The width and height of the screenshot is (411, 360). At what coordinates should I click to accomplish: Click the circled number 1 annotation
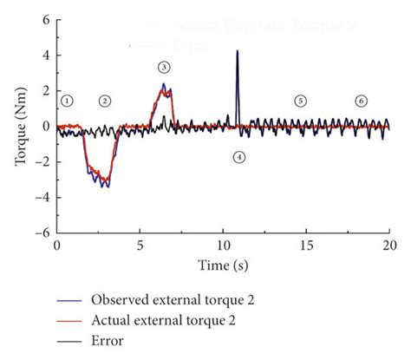tap(67, 101)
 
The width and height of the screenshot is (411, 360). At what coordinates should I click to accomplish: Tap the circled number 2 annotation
tap(105, 101)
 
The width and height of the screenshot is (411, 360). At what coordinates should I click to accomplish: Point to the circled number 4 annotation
tap(238, 157)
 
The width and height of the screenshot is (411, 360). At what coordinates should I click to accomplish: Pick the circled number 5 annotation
tap(300, 101)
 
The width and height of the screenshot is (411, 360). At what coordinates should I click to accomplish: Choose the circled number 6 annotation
tap(361, 101)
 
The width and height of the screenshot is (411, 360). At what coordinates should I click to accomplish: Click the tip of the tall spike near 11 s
tap(237, 51)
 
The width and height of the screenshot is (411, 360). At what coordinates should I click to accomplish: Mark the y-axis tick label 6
tap(43, 19)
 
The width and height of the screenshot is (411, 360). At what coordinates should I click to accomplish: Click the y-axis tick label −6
tap(40, 233)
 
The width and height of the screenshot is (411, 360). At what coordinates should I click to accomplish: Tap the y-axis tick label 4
tap(43, 55)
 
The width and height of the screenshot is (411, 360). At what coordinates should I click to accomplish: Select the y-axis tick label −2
tap(40, 162)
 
